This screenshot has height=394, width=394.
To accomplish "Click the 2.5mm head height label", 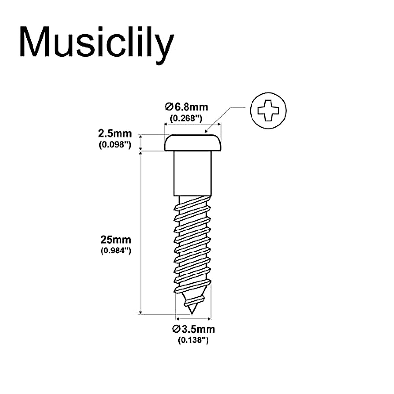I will coord(115,134).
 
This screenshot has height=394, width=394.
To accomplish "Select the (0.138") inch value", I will coord(193,340).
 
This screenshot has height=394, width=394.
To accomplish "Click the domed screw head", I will coord(193,143).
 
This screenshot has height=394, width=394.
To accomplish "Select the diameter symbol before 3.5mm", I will coord(176,329).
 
